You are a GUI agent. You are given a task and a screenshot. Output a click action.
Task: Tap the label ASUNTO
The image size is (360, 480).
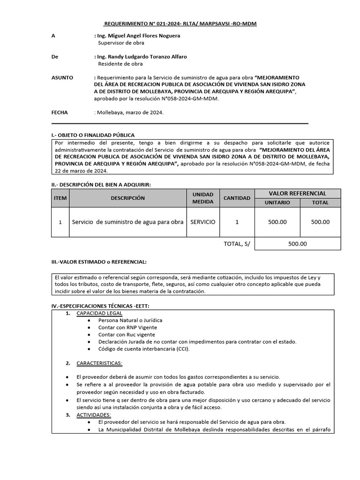62,77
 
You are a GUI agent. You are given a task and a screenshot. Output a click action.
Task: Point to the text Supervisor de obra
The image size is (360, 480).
120,43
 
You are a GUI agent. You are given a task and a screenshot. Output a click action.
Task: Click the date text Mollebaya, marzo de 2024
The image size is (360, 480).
130,112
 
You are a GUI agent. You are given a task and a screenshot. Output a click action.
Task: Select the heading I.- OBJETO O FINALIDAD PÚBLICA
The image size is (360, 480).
93,135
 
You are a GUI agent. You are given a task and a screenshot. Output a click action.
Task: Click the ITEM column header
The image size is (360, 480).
60,198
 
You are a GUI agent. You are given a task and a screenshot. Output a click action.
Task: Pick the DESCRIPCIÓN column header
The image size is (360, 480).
127,198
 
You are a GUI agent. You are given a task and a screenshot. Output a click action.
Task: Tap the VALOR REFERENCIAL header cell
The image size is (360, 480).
297,194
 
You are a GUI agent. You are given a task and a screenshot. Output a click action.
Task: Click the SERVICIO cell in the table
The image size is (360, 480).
203,222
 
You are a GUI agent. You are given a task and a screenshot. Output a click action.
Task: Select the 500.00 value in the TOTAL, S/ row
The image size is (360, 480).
297,244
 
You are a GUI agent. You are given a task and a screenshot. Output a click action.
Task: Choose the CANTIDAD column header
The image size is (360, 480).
237,198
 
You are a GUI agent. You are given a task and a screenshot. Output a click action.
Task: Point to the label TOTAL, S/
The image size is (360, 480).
237,244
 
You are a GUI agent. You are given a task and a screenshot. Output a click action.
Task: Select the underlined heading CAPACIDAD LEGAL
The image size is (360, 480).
99,313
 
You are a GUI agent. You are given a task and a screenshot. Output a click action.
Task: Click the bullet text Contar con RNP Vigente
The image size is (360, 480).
127,328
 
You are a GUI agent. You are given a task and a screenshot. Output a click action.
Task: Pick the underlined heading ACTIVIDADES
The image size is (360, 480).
94,415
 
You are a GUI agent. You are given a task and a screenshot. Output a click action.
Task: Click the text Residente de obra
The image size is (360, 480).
120,64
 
